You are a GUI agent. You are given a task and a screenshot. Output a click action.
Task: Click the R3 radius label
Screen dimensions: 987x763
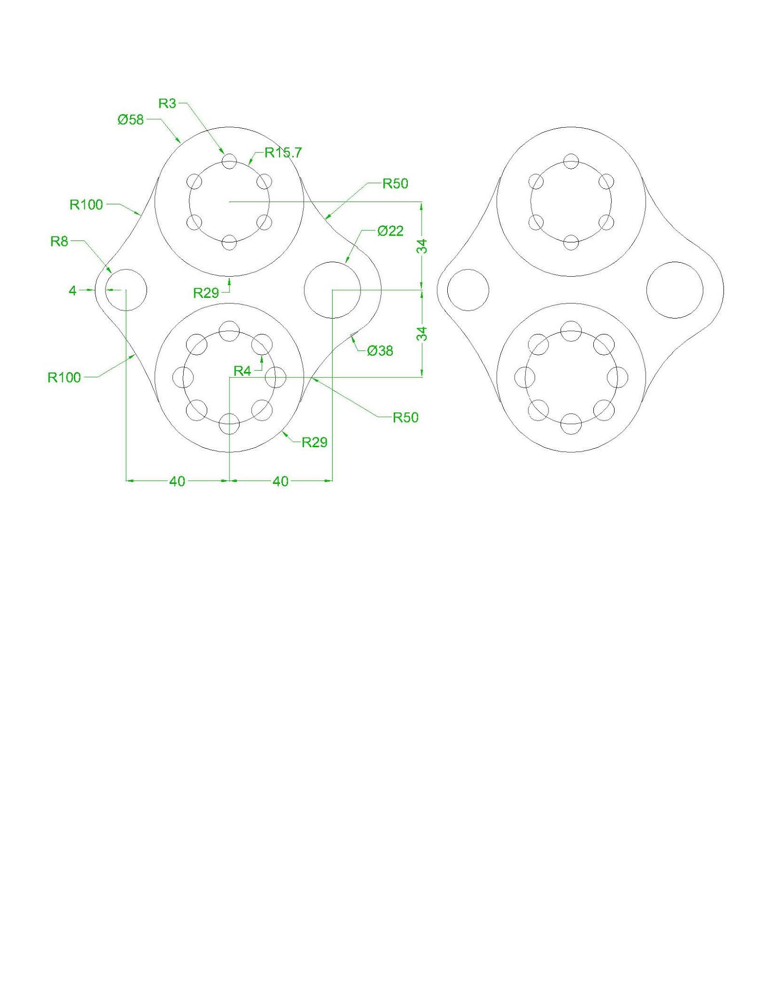(167, 104)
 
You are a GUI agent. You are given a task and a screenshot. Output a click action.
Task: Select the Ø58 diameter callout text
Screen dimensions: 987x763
(131, 120)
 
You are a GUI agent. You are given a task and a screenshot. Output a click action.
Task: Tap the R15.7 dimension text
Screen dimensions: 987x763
(283, 153)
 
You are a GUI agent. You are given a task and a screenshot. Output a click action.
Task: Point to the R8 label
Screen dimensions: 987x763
(59, 241)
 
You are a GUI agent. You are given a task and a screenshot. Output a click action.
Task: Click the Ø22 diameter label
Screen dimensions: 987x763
(390, 231)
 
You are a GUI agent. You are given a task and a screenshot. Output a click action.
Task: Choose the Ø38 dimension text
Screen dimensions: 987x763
(380, 351)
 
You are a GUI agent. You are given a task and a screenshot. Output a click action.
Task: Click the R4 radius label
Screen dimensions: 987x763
(242, 371)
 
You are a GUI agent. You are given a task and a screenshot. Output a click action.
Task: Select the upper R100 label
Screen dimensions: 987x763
(86, 205)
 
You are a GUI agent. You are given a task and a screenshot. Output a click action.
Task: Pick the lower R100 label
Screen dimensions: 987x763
(64, 377)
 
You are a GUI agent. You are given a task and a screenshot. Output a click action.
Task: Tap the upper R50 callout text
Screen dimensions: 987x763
(395, 184)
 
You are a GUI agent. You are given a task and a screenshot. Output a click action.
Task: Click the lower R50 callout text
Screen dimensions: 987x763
(405, 417)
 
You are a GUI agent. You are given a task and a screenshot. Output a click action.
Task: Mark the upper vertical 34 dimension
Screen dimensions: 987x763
(422, 246)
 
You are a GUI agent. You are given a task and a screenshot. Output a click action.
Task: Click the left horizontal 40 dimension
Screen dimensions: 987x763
(177, 481)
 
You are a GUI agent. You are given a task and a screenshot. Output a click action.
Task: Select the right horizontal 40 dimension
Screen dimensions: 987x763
(281, 481)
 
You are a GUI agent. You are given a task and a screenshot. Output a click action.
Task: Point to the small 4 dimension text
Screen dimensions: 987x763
(73, 291)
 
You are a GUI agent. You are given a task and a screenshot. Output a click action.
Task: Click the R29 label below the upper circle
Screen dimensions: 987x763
(206, 293)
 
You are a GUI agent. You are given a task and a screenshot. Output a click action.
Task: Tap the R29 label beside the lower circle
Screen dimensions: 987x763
(314, 442)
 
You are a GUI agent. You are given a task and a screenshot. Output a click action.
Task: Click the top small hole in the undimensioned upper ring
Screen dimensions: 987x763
(571, 160)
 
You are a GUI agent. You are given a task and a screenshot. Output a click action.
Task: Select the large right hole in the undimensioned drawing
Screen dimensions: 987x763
(674, 290)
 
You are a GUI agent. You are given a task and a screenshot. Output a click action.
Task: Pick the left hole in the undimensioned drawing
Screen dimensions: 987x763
(468, 290)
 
